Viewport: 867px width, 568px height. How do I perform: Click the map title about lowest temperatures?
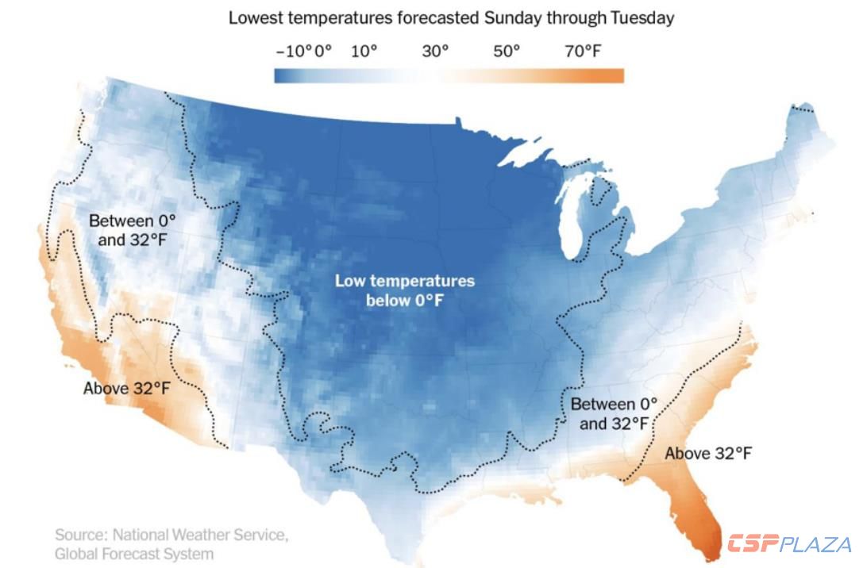coord(451,17)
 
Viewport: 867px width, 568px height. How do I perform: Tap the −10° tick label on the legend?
coord(294,52)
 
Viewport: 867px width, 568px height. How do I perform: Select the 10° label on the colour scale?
coord(364,52)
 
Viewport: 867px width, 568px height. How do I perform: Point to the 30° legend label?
coord(435,52)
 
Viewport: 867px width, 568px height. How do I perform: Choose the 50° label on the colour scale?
coord(507,52)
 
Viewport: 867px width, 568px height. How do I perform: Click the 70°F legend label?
coord(583,52)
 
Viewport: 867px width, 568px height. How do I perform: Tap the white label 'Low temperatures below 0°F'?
coord(404,290)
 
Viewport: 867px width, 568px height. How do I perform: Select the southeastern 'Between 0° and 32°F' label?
coord(615,414)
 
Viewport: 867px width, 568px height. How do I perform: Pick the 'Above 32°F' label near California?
coord(127,389)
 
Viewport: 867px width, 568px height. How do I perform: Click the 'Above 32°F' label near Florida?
coord(708,454)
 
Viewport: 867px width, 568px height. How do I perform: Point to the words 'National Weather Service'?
coord(200,535)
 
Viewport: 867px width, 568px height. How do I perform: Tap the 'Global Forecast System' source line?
coord(134,554)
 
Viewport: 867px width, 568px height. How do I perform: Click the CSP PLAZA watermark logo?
coord(789,544)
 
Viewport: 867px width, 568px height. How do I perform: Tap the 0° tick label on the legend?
coord(323,52)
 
